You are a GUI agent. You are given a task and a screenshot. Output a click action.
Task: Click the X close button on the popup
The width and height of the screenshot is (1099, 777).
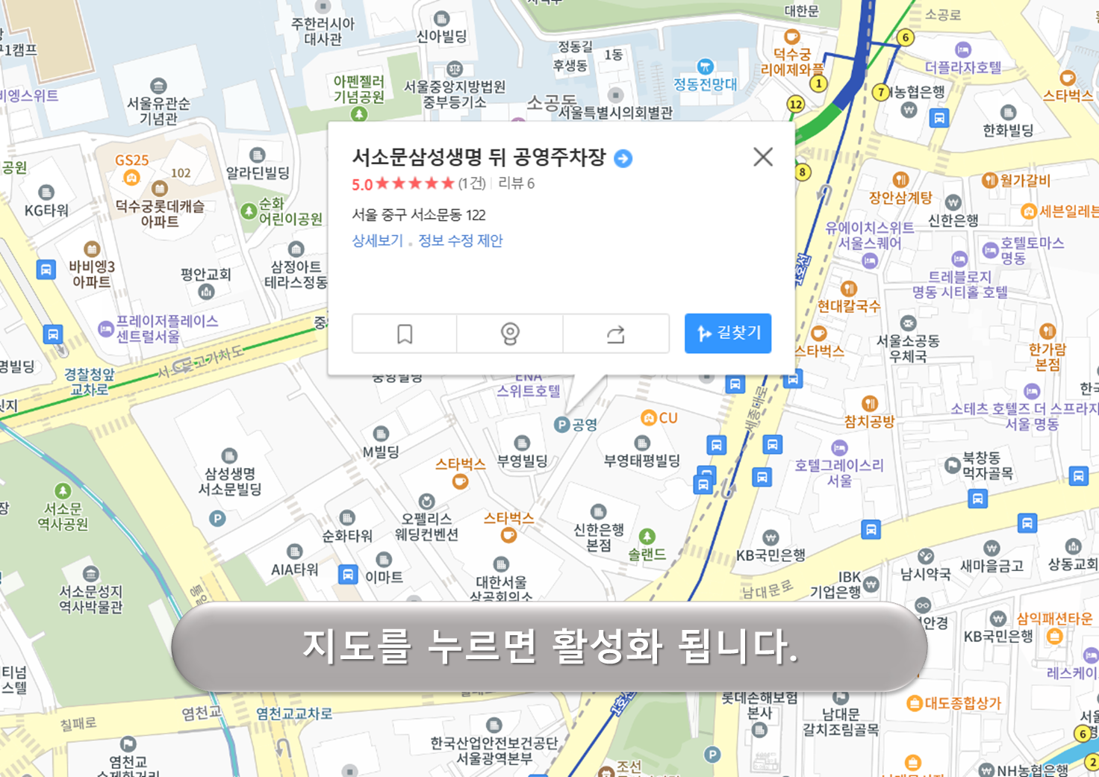762,157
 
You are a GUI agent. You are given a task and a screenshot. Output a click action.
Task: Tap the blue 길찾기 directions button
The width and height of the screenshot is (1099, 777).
728,333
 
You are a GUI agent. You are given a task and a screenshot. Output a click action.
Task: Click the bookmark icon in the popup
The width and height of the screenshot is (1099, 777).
405,334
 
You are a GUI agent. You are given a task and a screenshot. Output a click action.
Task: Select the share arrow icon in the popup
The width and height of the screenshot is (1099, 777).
615,334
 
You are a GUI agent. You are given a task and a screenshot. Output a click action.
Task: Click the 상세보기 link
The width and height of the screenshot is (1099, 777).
377,240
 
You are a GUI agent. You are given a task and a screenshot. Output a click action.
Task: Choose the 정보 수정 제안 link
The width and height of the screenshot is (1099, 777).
461,240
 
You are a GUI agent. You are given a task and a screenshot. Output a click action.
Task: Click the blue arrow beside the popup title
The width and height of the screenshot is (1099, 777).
623,158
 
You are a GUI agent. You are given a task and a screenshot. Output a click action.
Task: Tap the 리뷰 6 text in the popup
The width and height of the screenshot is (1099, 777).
517,184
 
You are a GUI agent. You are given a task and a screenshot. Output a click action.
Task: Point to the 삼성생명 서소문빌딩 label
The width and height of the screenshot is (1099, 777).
230,481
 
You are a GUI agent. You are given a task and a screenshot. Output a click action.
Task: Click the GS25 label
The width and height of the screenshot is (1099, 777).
132,160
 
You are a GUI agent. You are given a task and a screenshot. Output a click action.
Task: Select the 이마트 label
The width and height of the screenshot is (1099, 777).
384,576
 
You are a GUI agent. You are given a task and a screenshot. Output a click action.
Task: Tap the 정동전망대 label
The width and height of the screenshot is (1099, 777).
705,84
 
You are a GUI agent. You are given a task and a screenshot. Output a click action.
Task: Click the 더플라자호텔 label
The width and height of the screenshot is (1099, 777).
963,67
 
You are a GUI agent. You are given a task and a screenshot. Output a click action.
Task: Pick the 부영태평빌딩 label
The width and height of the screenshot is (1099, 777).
642,460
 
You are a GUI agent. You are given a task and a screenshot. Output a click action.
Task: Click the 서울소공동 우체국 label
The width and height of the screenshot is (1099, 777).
908,348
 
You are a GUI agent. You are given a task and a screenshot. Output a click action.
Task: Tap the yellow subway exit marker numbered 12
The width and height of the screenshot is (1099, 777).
796,104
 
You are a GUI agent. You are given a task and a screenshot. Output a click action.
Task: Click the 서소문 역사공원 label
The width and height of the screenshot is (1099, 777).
63,516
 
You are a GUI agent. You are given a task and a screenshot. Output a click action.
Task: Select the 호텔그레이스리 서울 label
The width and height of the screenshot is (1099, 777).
839,472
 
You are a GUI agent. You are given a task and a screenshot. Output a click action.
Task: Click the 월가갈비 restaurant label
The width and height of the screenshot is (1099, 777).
1024,180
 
